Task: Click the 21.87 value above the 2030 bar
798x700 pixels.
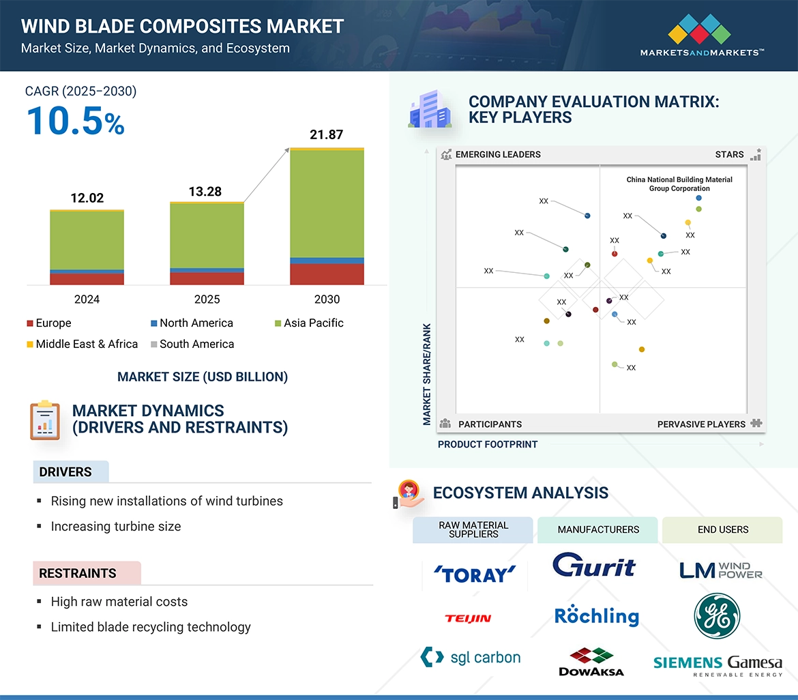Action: point(326,134)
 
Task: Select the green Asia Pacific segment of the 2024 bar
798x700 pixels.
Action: point(87,240)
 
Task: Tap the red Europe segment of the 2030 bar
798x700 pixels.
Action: point(327,274)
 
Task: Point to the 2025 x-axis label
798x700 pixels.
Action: point(207,300)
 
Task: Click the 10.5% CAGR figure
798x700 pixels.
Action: point(75,121)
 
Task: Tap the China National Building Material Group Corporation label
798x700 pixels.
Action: point(679,184)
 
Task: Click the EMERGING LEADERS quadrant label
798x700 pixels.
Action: point(497,155)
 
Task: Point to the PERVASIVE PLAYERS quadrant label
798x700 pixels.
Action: point(701,424)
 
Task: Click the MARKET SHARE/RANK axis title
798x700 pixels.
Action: point(427,374)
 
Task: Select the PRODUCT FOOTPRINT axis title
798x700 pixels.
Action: point(488,445)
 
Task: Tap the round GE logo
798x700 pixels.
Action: point(717,615)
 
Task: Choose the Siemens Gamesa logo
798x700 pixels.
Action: point(718,665)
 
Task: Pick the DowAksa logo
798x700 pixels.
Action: point(591,662)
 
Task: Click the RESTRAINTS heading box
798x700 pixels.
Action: point(87,574)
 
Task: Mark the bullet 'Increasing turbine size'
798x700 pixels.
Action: point(116,527)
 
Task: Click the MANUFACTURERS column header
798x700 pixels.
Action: point(598,530)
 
